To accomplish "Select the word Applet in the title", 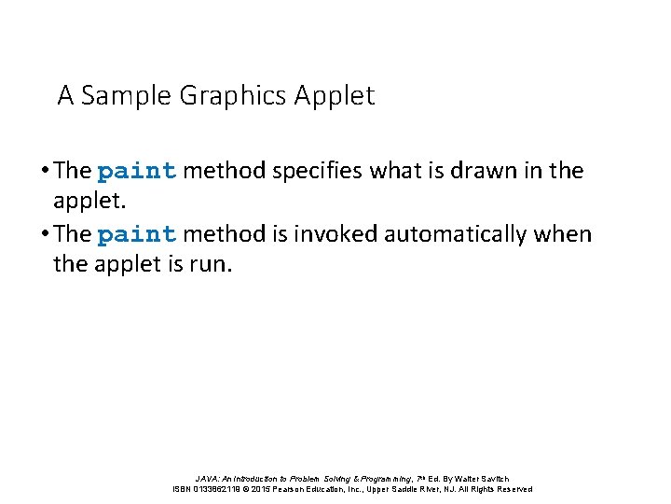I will pyautogui.click(x=335, y=96).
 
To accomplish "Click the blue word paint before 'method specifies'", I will pyautogui.click(x=136, y=171).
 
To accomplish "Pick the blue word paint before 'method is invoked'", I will pyautogui.click(x=136, y=233).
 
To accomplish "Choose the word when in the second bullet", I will pyautogui.click(x=563, y=233).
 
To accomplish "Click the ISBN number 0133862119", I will pyautogui.click(x=221, y=489).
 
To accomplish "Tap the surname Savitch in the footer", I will pyautogui.click(x=492, y=478).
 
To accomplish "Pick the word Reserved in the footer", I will pyautogui.click(x=514, y=489).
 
